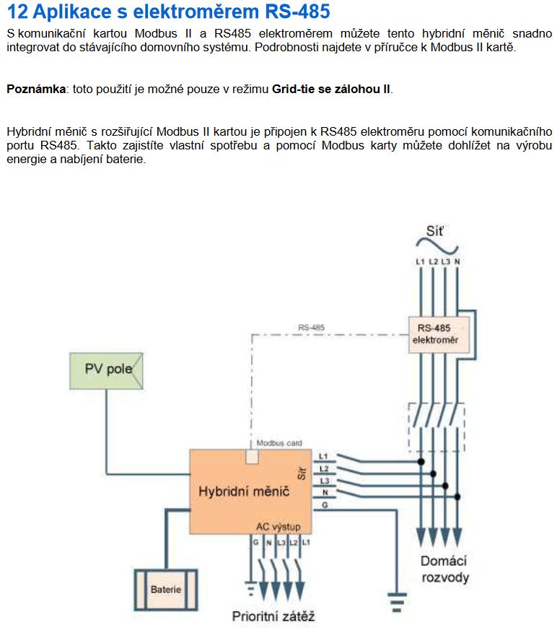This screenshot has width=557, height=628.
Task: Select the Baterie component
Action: pos(166,589)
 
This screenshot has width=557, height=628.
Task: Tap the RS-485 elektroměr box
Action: pos(439,333)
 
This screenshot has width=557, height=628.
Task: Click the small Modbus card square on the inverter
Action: pos(253,455)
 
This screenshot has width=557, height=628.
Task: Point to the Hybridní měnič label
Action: pos(244,491)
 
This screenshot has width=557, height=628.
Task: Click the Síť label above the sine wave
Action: pos(435,231)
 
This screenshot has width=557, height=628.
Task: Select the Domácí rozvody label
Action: pos(444,569)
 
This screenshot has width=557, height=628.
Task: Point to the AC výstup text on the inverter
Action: pos(278,526)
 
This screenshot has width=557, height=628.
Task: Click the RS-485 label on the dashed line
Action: pos(311,327)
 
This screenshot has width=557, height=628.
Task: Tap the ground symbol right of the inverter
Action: pos(396,598)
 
